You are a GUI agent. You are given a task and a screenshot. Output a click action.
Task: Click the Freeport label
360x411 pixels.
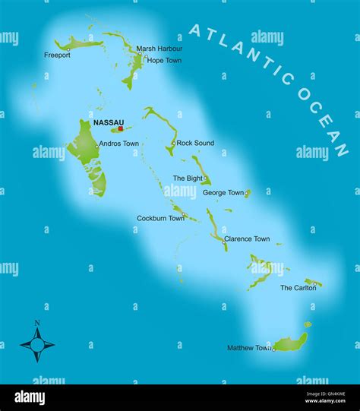pyautogui.click(x=57, y=55)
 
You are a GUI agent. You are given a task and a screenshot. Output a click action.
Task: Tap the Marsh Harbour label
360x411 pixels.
pyautogui.click(x=159, y=49)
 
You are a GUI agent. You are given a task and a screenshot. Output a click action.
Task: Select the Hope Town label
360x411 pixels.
pyautogui.click(x=165, y=60)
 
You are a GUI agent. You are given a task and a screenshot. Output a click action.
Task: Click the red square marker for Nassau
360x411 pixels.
pyautogui.click(x=120, y=128)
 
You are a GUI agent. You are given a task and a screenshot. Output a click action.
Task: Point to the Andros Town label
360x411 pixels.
pyautogui.click(x=119, y=144)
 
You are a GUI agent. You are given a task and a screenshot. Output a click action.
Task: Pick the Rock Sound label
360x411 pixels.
pyautogui.click(x=195, y=143)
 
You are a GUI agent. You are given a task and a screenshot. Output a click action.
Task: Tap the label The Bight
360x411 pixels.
pyautogui.click(x=188, y=178)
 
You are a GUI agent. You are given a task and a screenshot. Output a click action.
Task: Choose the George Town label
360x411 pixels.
pyautogui.click(x=223, y=193)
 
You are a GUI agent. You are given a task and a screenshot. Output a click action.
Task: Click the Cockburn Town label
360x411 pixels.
pyautogui.click(x=160, y=218)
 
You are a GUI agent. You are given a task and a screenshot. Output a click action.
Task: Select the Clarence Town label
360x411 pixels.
pyautogui.click(x=247, y=239)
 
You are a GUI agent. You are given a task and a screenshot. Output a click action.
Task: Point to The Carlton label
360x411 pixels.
pyautogui.click(x=298, y=288)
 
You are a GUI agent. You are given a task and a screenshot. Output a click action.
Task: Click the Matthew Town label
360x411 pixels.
pyautogui.click(x=249, y=348)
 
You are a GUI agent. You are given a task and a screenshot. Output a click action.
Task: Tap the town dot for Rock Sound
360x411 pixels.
pyautogui.click(x=173, y=142)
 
